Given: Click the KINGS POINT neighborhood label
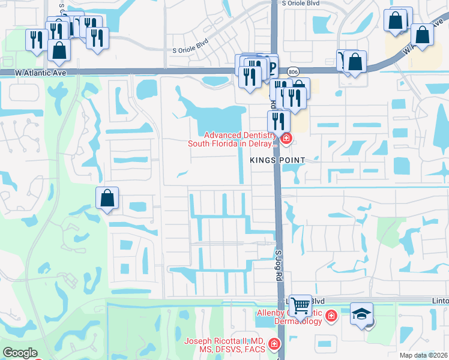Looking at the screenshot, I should point(278,160).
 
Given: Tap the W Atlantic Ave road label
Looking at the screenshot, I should point(40,72).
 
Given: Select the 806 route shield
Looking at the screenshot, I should point(292,71).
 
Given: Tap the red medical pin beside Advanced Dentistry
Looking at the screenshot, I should point(286,140).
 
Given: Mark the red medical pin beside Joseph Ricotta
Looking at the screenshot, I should point(274,344).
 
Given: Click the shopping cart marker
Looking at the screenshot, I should point(300,305).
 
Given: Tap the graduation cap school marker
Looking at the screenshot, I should point(362,314).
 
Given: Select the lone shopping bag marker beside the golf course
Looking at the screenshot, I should point(107,198).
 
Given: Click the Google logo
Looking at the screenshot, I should point(20,353).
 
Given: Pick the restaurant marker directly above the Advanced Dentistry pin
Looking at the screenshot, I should point(279,121).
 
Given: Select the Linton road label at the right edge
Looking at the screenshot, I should point(441,301).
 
